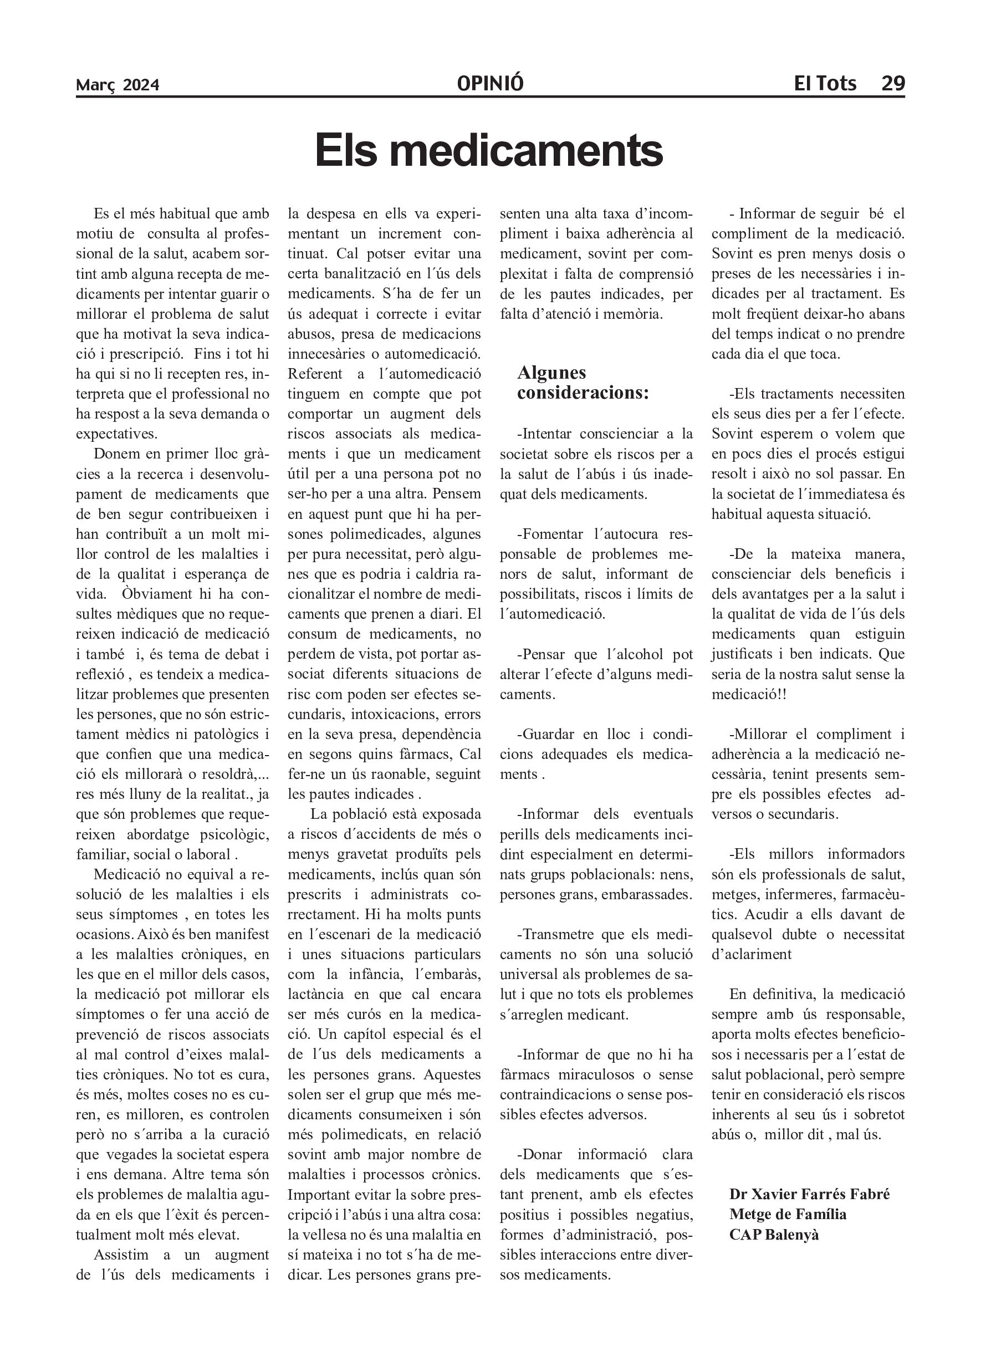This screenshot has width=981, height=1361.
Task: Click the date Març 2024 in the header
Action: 117,85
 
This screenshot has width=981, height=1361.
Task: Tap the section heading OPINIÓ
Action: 489,83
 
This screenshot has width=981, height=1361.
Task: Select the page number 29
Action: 892,83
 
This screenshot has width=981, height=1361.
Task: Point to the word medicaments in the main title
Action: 525,151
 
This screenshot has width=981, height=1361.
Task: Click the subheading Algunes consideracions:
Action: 583,383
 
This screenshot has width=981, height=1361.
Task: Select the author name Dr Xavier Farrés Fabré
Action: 809,1194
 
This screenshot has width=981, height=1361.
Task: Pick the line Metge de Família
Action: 788,1214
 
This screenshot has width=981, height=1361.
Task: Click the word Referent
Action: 315,374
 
